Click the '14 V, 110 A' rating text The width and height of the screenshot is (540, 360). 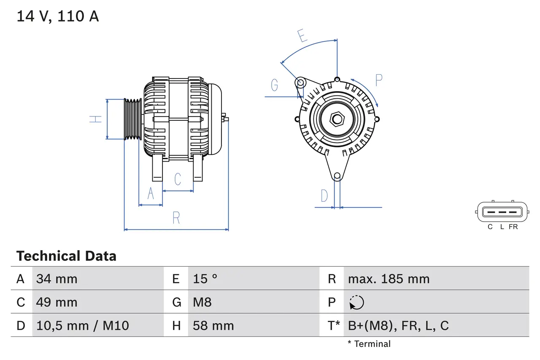pos(58,16)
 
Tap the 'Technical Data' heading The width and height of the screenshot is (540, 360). pos(66,256)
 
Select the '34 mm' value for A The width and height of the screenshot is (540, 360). pos(57,279)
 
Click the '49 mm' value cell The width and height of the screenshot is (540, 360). pos(57,302)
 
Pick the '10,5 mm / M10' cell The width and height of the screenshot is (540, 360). pos(83,325)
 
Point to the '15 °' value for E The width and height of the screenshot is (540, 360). pos(205,279)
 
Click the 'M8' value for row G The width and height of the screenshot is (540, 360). pos(202,302)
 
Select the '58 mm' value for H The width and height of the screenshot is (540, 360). pos(213,325)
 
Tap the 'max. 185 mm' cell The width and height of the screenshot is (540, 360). pos(389,279)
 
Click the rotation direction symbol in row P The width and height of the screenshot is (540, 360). pos(356,302)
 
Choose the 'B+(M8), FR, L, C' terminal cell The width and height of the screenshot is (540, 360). pos(398,325)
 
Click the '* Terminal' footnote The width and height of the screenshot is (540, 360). pos(369,344)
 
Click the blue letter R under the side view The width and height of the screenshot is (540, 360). pos(176,218)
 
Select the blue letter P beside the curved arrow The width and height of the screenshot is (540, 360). pos(378,80)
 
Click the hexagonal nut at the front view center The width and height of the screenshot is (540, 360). pos(337,119)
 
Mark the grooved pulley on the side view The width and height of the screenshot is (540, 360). pos(133,119)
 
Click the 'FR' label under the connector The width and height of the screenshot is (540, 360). pos(513,227)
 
